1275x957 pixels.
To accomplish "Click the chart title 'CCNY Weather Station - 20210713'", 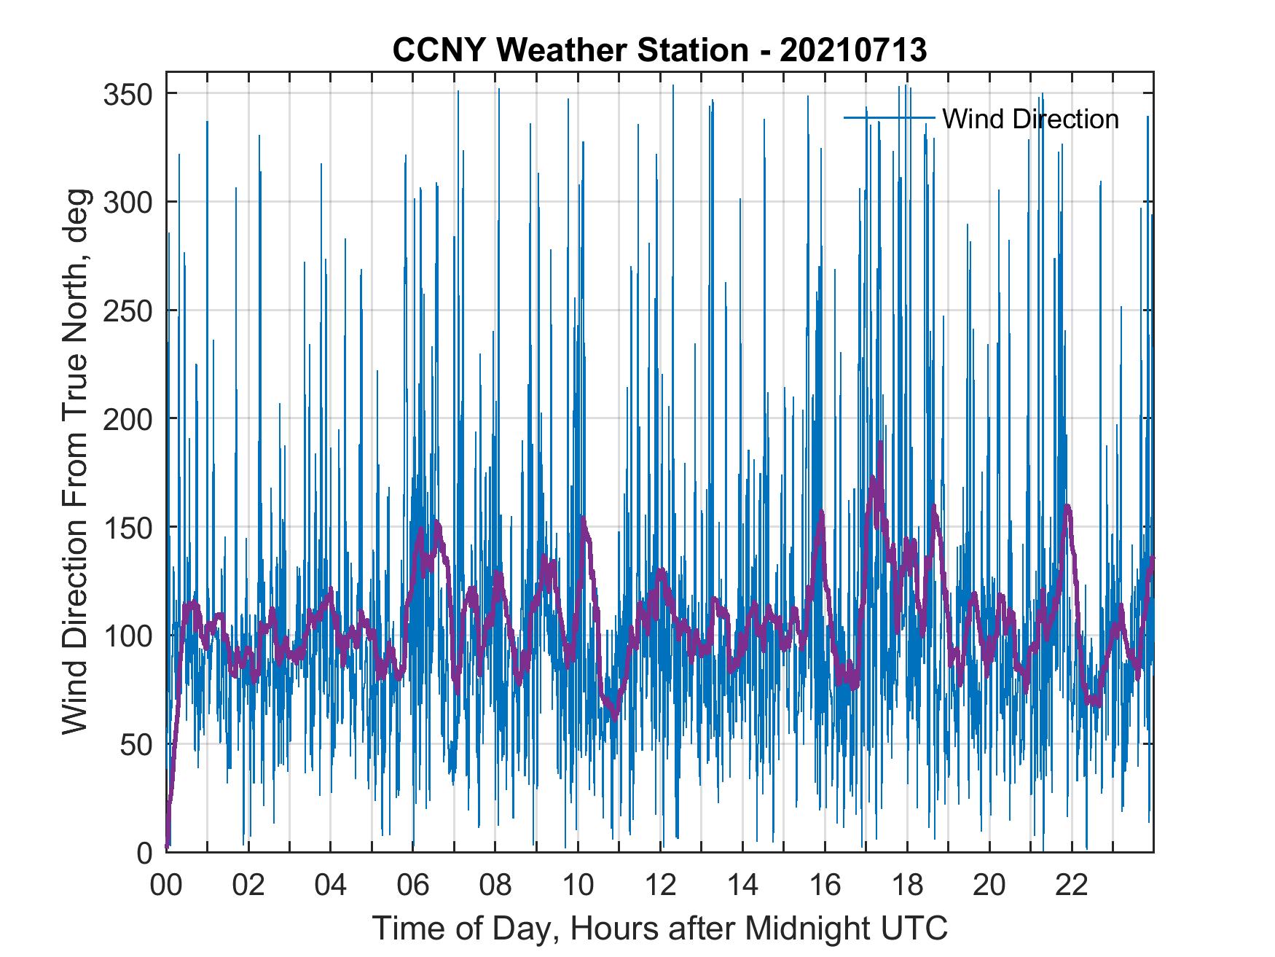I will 659,50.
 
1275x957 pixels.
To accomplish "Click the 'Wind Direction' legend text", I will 1030,118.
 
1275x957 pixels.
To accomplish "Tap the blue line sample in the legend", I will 889,118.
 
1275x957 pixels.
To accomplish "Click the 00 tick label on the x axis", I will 166,886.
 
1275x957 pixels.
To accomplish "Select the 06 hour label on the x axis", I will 413,886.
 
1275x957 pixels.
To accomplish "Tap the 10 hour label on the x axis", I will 578,886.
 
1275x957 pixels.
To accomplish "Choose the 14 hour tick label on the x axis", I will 742,886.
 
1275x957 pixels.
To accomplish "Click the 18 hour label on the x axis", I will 907,886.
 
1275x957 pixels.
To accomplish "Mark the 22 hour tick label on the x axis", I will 1072,886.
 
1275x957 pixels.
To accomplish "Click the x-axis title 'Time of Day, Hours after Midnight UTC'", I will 660,928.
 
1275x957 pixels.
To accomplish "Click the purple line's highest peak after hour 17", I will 880,443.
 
